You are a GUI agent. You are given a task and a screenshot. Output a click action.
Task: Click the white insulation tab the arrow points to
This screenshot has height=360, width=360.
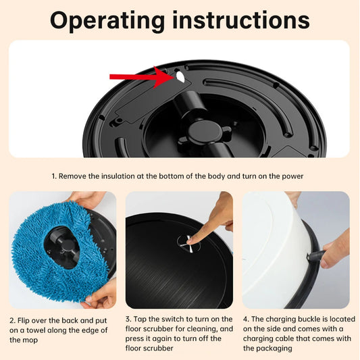click(x=180, y=78)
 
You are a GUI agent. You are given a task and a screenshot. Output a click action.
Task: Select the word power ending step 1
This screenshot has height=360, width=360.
click(x=291, y=176)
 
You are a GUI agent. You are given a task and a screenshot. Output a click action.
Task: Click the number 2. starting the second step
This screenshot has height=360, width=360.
click(x=14, y=320)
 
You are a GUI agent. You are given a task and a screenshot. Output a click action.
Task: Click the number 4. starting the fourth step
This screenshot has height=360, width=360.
click(x=246, y=320)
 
